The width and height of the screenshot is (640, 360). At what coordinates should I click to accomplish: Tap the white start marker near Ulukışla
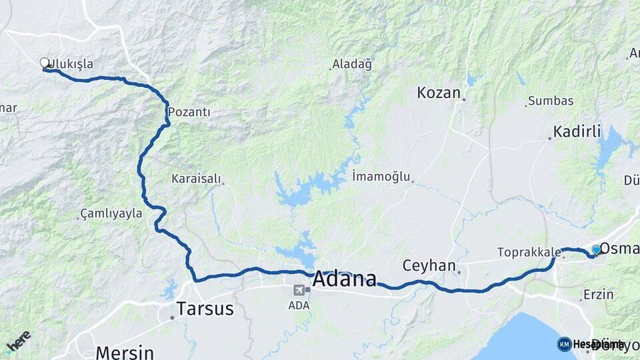(45, 63)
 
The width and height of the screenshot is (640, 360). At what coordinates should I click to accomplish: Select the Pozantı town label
(189, 112)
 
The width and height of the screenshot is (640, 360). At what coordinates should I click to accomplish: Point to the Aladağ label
(353, 64)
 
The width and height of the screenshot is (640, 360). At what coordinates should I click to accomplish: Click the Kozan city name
(439, 93)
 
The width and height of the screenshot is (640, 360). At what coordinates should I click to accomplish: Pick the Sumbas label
(551, 101)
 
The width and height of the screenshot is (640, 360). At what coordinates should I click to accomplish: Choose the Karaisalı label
(195, 179)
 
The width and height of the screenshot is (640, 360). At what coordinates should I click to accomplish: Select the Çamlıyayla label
(111, 213)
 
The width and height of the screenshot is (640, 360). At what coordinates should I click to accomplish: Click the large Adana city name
(344, 278)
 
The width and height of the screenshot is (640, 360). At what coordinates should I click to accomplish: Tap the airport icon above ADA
(298, 290)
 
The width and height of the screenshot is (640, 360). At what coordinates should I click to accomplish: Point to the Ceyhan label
(428, 265)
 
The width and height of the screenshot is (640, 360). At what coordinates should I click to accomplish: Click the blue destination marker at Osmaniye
(596, 249)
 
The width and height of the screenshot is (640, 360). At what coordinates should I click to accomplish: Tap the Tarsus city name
(205, 309)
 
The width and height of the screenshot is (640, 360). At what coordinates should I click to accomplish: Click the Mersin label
(125, 351)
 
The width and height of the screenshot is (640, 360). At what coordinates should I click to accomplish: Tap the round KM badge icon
(564, 344)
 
